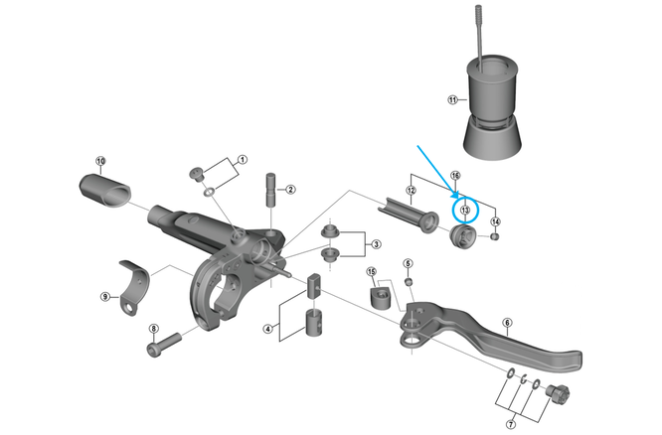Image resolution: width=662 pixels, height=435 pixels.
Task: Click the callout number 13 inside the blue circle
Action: pyautogui.click(x=465, y=211)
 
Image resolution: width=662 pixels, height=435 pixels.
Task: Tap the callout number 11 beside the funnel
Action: pyautogui.click(x=452, y=100)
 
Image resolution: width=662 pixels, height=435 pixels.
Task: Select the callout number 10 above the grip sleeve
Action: pyautogui.click(x=100, y=161)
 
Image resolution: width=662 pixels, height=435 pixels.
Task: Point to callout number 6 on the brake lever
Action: pyautogui.click(x=507, y=323)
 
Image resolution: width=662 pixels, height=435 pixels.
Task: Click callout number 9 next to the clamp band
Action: pyautogui.click(x=105, y=297)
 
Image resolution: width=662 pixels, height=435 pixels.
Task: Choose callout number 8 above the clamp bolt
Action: pyautogui.click(x=153, y=329)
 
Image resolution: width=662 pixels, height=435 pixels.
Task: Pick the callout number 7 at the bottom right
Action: pyautogui.click(x=511, y=424)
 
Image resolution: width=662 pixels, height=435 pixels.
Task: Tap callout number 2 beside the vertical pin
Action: pyautogui.click(x=290, y=189)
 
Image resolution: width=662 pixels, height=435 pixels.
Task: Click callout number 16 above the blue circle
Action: pyautogui.click(x=454, y=175)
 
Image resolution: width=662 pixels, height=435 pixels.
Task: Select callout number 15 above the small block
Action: pyautogui.click(x=371, y=271)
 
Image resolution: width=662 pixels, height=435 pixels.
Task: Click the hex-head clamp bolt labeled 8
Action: pyautogui.click(x=164, y=344)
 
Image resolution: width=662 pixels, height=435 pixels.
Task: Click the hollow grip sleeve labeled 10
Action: pyautogui.click(x=105, y=191)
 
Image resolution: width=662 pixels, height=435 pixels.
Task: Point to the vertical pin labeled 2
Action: pyautogui.click(x=270, y=190)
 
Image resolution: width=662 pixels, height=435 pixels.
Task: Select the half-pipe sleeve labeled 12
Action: pyautogui.click(x=408, y=215)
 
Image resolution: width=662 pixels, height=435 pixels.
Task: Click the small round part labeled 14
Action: pyautogui.click(x=495, y=236)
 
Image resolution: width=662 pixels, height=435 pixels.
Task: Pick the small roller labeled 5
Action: pyautogui.click(x=409, y=281)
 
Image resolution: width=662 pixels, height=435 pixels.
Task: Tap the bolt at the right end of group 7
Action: pyautogui.click(x=559, y=391)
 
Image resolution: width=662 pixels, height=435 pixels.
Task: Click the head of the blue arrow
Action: pyautogui.click(x=457, y=197)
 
